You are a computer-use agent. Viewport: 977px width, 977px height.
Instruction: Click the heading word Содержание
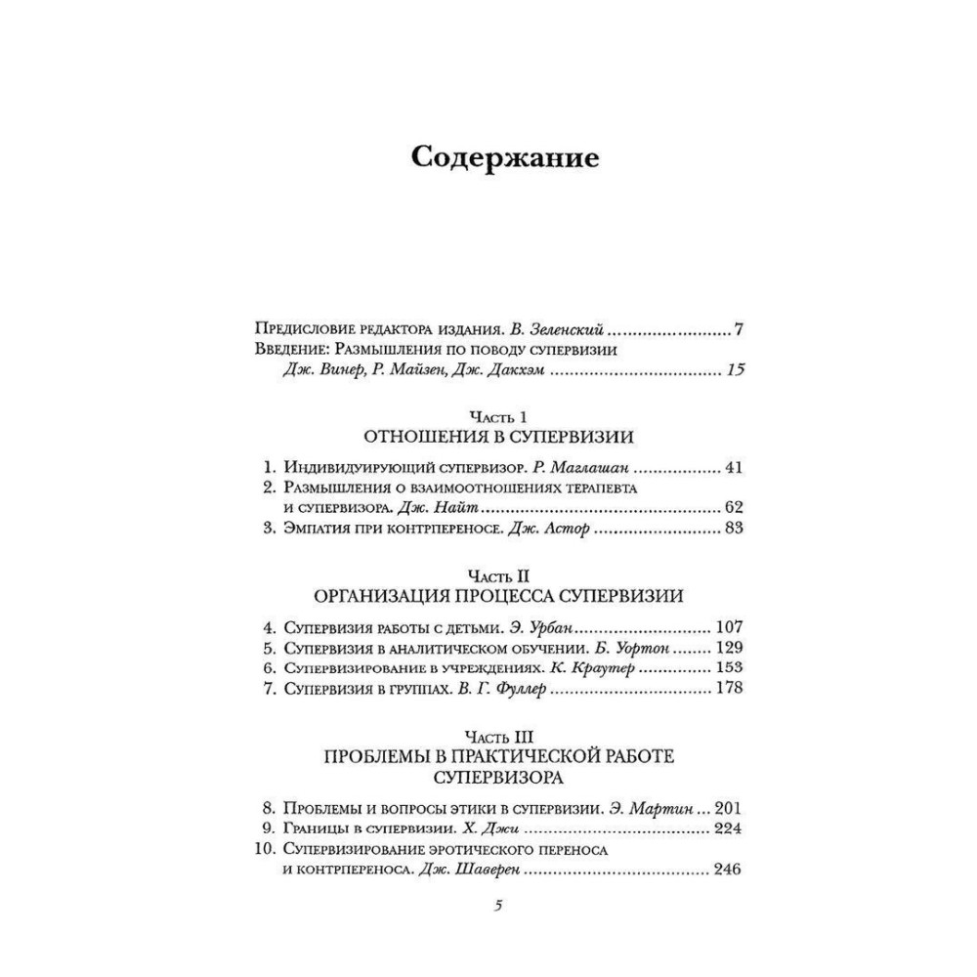[504, 158]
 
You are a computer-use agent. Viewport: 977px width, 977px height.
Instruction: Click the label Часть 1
[498, 415]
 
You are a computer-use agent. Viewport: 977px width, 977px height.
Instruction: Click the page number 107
[729, 626]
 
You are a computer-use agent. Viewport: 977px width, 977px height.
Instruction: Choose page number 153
[729, 668]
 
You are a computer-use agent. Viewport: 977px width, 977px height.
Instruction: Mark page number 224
[729, 828]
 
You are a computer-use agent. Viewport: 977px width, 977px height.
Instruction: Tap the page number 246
[729, 870]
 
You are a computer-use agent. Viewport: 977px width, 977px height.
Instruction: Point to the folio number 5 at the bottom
[498, 906]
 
